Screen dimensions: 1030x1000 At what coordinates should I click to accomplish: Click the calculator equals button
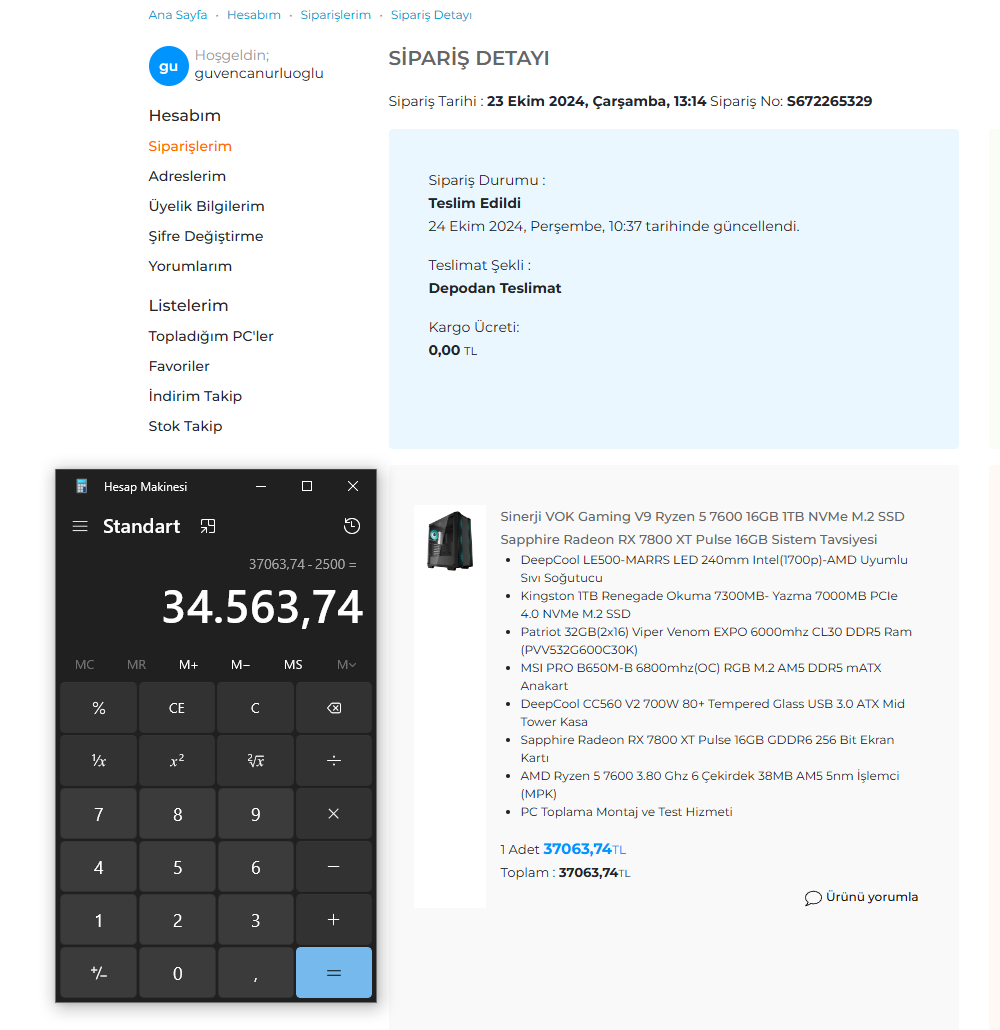click(334, 973)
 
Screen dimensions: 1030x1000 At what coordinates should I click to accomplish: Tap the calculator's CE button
click(177, 708)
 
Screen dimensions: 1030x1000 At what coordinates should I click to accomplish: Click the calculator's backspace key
click(334, 708)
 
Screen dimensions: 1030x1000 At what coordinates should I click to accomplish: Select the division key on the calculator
click(334, 761)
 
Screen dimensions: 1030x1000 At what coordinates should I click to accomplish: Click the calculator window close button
click(353, 486)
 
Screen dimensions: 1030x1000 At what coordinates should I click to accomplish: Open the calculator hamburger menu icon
click(80, 526)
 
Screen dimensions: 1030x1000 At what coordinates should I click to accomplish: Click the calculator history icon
click(352, 526)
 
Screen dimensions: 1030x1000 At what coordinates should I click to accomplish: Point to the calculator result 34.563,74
click(262, 607)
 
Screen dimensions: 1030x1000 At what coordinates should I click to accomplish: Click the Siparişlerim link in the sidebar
click(190, 146)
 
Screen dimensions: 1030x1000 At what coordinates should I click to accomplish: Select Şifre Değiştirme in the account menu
click(206, 236)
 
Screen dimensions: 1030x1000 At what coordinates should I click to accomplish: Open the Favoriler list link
click(179, 366)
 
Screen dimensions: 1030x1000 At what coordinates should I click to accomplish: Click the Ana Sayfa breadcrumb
click(178, 15)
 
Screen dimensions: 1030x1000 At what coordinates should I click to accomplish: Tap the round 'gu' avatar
click(168, 66)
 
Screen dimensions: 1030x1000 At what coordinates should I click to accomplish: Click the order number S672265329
click(829, 101)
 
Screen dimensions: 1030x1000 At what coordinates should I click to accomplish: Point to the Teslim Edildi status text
click(475, 203)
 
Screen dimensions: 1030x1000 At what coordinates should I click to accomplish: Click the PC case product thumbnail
click(449, 540)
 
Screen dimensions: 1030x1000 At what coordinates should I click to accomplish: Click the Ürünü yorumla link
click(861, 897)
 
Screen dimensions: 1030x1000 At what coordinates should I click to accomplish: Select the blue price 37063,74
click(577, 849)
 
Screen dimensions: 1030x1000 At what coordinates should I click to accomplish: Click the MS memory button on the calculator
click(293, 665)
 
